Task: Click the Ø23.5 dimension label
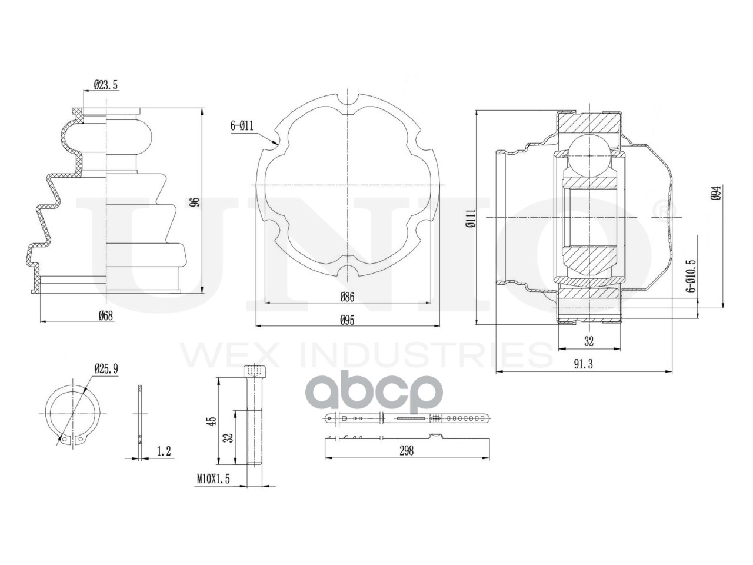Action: coord(106,85)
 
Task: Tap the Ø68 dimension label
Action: coord(106,315)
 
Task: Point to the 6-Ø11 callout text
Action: coord(242,126)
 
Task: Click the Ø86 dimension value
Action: coord(347,297)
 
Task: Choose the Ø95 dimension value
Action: coord(347,320)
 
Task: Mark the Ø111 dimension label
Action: coord(470,218)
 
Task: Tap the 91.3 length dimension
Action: coord(584,364)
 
